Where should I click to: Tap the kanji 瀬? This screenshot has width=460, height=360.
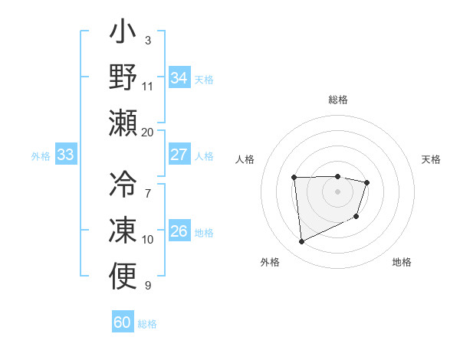click(123, 122)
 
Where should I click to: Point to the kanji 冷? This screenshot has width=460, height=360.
click(123, 184)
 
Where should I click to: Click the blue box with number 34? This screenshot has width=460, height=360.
click(179, 77)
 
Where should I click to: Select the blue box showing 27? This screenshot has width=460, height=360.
click(179, 155)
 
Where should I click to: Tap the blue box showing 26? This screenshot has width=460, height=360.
click(179, 231)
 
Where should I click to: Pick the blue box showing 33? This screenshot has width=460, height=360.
click(66, 155)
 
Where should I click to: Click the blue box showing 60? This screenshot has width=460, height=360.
click(122, 322)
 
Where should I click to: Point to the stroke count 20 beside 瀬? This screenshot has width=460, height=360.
click(147, 132)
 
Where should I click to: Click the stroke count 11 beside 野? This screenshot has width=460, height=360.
click(147, 86)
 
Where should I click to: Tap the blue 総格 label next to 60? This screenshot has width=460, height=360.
click(147, 324)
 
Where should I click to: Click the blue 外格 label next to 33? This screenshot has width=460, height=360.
click(41, 156)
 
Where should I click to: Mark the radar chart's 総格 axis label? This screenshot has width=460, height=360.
click(337, 100)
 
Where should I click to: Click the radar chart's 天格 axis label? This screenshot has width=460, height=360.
click(432, 159)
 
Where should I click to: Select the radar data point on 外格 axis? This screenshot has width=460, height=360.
click(302, 242)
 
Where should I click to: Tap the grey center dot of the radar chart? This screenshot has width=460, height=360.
click(337, 191)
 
